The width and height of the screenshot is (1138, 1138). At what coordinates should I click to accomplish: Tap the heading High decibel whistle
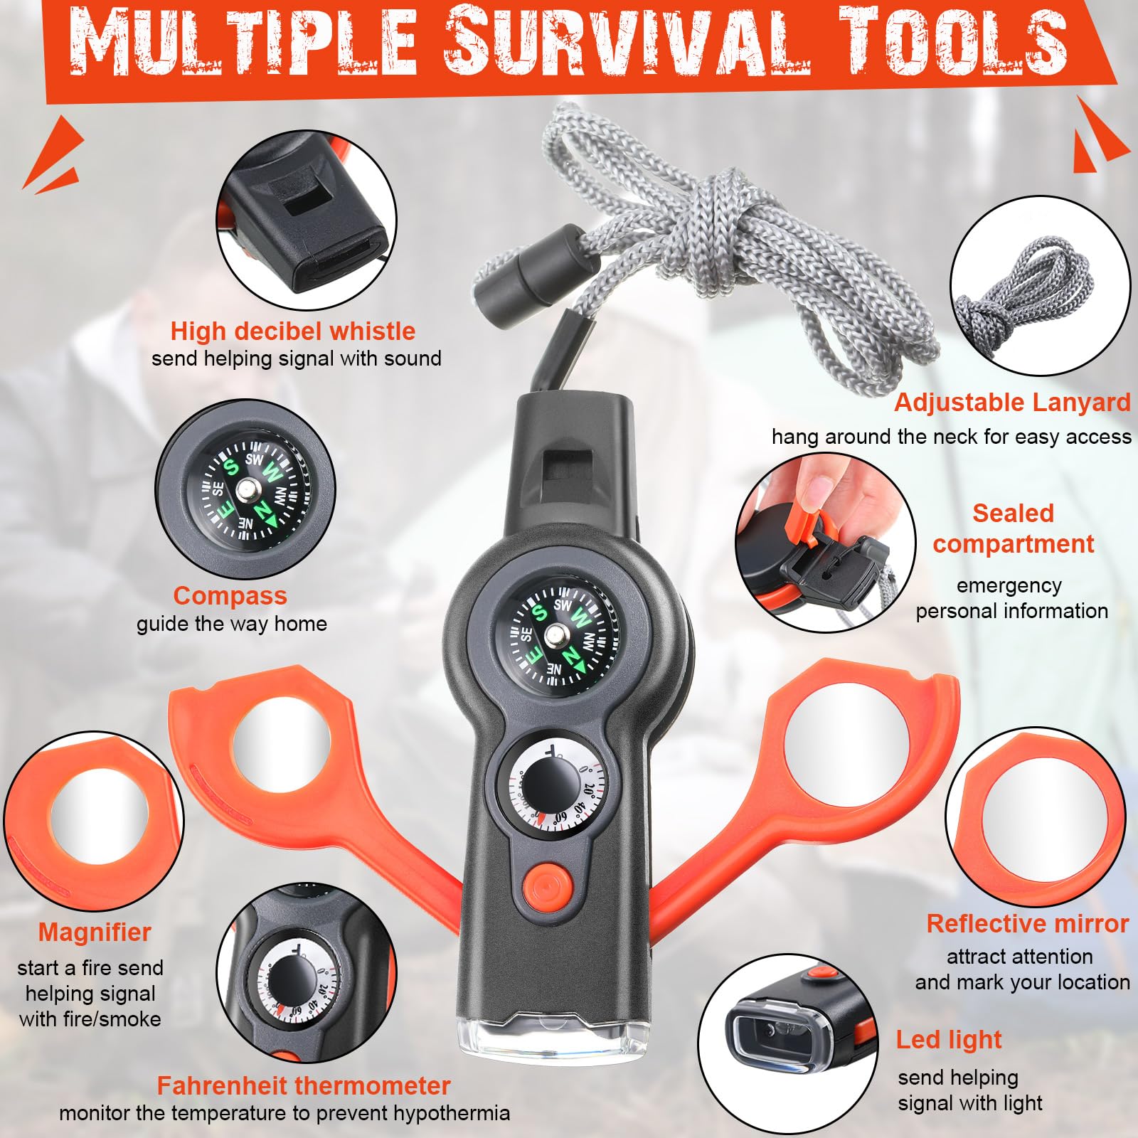292,331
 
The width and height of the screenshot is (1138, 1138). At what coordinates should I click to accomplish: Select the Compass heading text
230,595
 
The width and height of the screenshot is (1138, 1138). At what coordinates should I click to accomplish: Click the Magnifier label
95,932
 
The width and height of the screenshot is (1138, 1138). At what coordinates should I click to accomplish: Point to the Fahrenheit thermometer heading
304,1085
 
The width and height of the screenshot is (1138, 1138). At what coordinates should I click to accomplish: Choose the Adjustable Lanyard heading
1012,403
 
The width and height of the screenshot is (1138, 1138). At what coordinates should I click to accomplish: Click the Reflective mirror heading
1028,923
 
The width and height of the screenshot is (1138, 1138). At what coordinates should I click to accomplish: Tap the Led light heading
948,1039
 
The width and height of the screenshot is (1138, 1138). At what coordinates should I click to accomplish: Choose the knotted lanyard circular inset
1041,286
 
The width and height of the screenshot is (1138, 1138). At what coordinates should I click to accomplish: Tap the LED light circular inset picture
787,1043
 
